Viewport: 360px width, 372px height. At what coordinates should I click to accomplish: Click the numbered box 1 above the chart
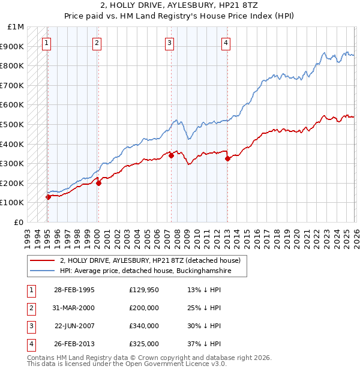[47, 43]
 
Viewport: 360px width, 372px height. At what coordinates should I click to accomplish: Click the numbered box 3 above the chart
[170, 43]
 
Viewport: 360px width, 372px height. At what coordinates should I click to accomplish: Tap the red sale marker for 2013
[227, 159]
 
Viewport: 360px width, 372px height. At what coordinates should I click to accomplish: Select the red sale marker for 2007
[171, 155]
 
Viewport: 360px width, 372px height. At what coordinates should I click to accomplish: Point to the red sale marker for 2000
[99, 183]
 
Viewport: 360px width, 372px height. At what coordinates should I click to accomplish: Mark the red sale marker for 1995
[48, 197]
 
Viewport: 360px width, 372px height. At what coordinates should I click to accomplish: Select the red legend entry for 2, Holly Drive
[150, 260]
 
